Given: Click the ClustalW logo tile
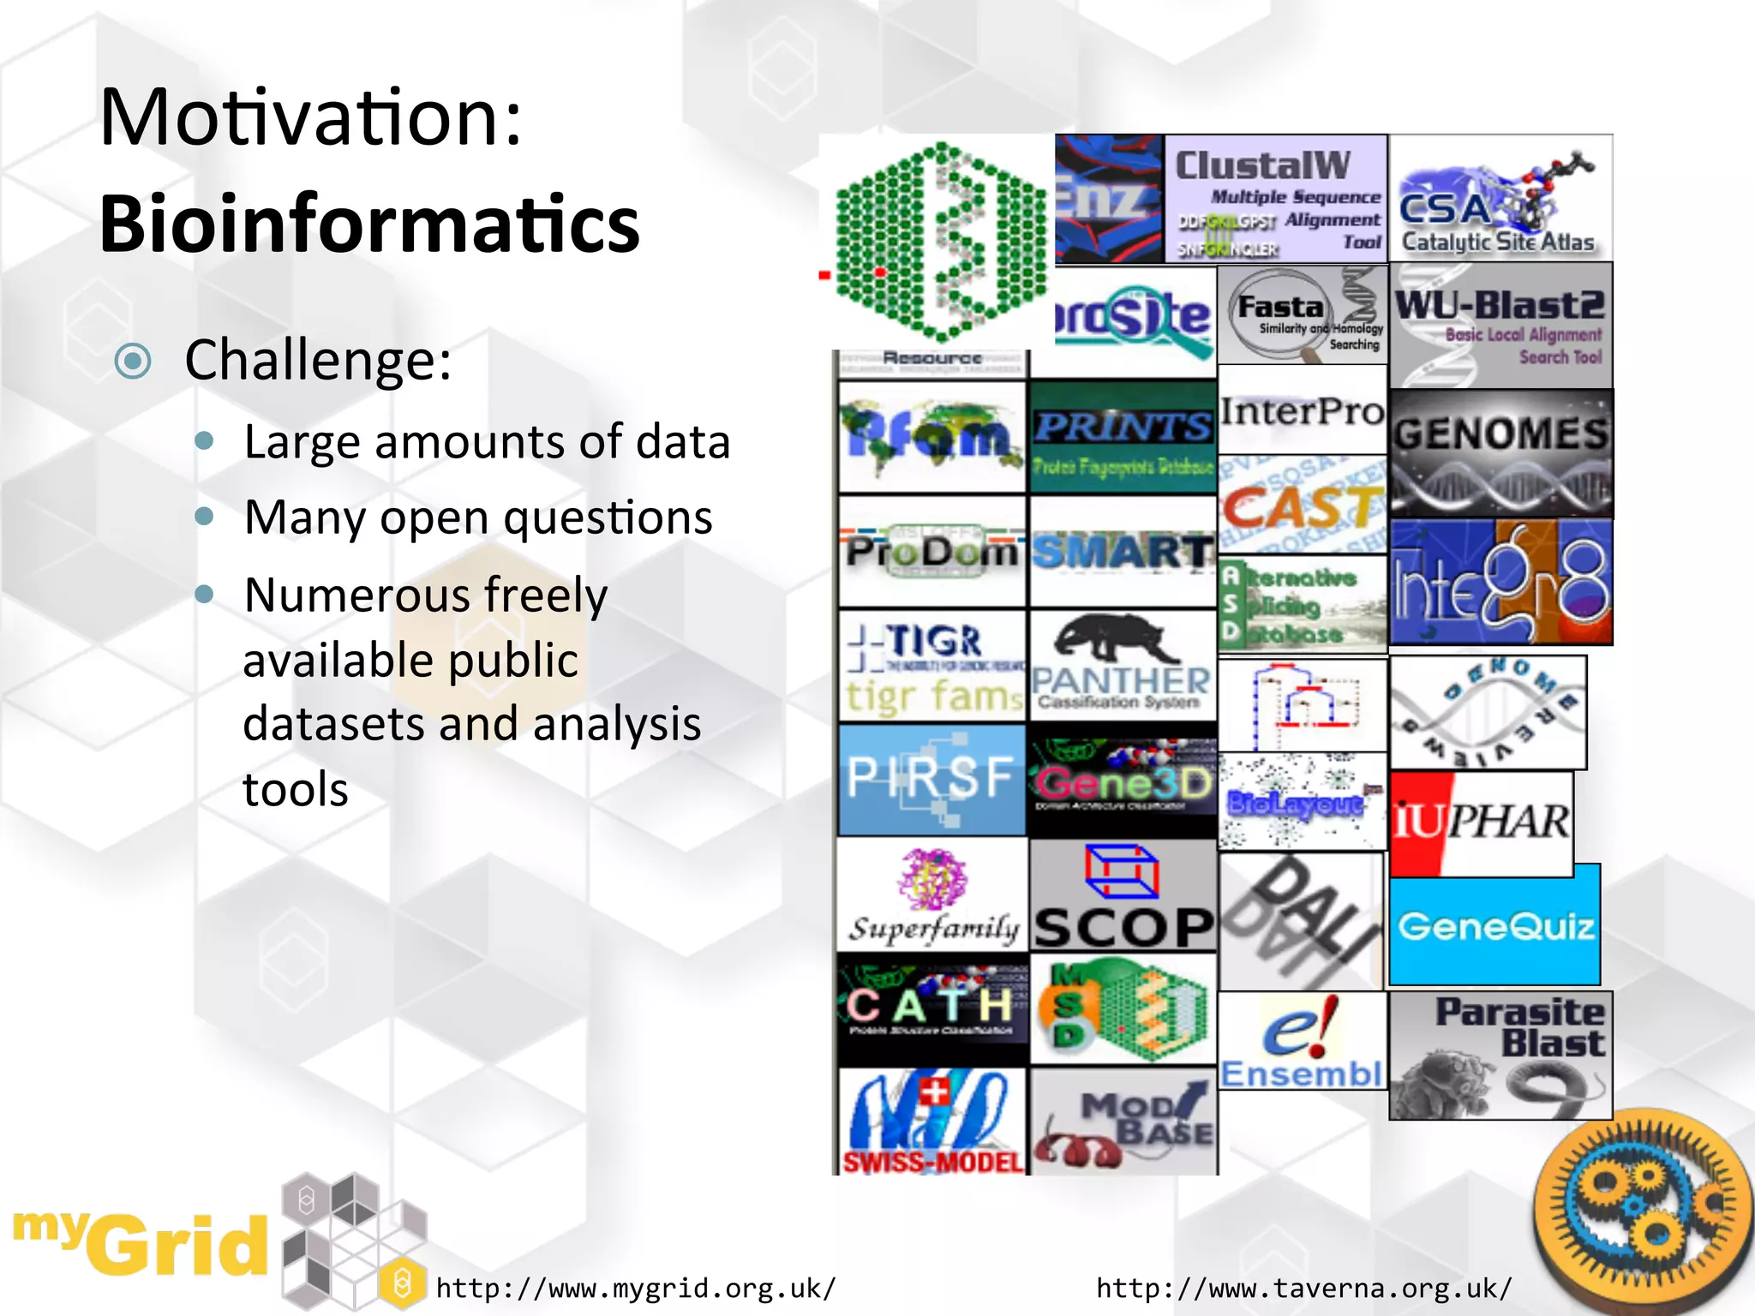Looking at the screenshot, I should click(1276, 199).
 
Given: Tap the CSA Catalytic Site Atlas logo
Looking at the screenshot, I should click(1500, 199).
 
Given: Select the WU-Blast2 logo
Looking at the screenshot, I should click(1500, 326).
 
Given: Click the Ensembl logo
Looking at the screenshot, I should click(1302, 1041).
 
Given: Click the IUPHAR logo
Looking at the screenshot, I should click(1482, 823).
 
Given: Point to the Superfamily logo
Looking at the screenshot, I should click(932, 896).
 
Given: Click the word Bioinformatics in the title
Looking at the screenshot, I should click(369, 224).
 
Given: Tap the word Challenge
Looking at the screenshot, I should click(318, 360).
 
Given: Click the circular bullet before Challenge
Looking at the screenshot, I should click(133, 361).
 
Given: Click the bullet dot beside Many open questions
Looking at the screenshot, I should click(204, 516).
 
